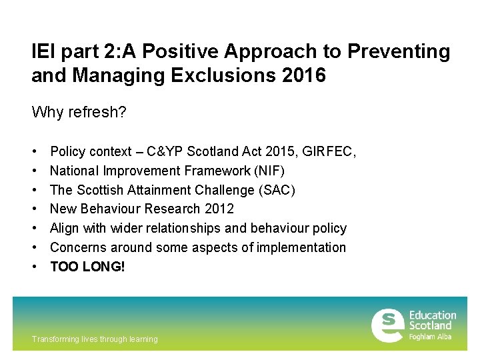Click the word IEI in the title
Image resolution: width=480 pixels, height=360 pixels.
[43, 51]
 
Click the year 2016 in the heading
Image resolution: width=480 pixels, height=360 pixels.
[303, 75]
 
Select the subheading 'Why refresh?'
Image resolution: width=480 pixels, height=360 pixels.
[79, 111]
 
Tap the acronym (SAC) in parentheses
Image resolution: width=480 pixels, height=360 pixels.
[277, 190]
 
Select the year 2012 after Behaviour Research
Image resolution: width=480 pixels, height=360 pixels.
[220, 209]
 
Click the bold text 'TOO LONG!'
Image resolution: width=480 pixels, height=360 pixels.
[87, 266]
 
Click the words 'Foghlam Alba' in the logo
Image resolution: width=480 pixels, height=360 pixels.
[430, 337]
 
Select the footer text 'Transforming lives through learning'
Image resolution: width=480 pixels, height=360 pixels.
[95, 339]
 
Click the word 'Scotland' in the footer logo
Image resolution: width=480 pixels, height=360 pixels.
[430, 325]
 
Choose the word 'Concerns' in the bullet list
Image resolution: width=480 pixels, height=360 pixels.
[76, 247]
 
